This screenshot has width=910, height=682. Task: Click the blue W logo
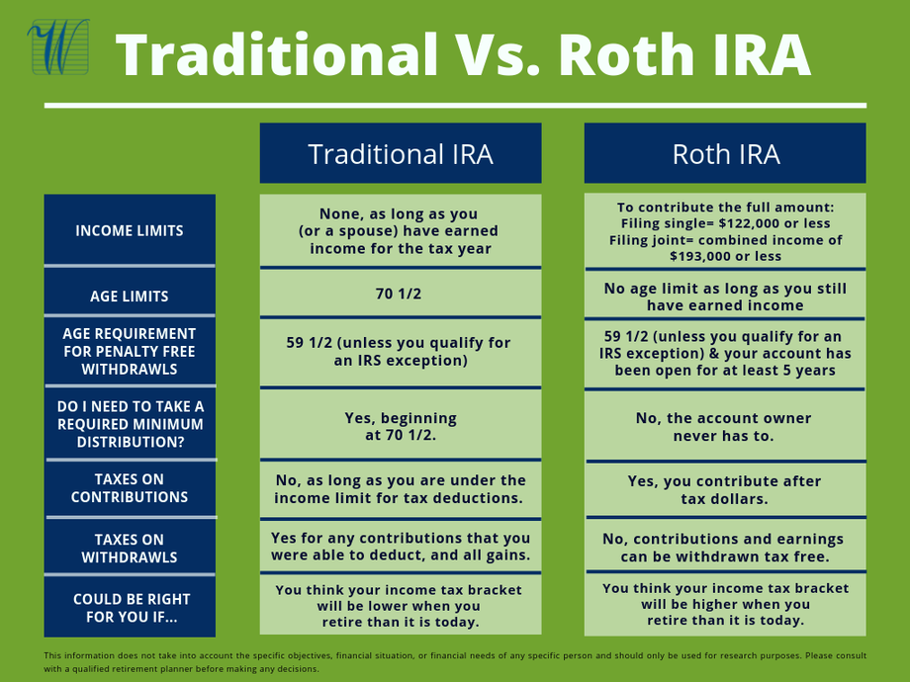[59, 47]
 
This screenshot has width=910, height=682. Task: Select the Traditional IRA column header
[401, 153]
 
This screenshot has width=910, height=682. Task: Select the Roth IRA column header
[725, 153]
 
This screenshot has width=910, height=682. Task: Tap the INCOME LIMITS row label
[130, 230]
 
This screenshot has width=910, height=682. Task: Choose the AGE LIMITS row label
[130, 296]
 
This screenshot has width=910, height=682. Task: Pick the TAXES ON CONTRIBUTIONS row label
[130, 487]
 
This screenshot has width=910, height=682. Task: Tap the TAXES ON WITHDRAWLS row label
[130, 548]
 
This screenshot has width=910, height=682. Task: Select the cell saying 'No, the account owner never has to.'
[725, 427]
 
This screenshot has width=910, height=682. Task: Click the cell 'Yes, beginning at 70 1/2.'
[401, 426]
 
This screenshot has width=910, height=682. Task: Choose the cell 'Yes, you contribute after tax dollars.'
[725, 489]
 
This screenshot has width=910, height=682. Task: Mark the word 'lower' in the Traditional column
[380, 606]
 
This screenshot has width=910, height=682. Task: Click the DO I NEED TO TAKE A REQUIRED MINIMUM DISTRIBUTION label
[130, 424]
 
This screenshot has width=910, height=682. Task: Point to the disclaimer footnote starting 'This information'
[455, 661]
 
